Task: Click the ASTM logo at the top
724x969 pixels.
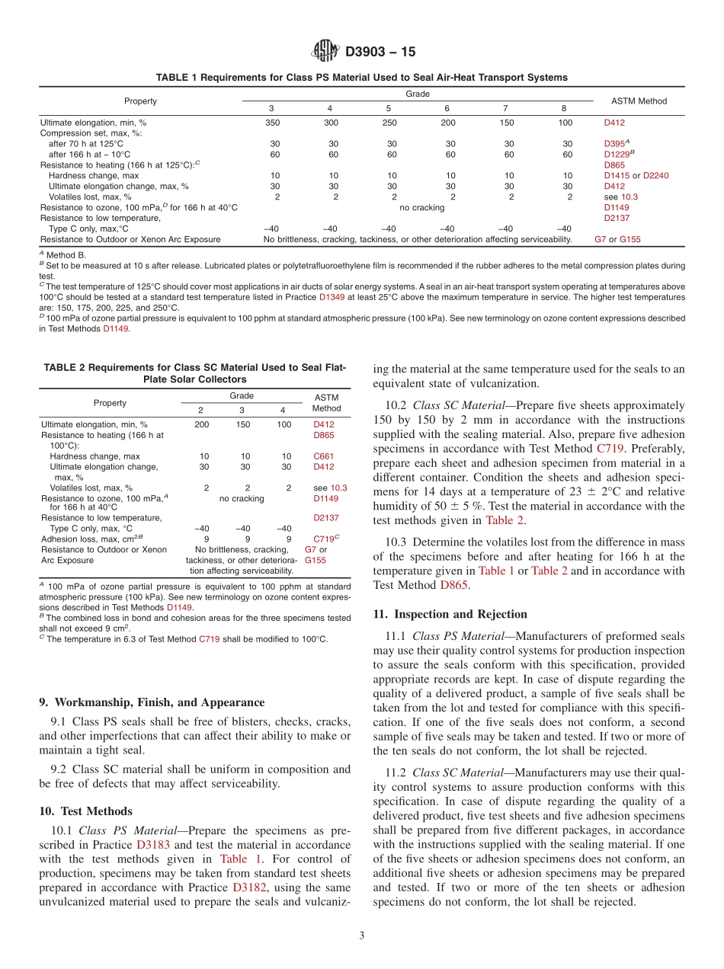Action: (x=325, y=52)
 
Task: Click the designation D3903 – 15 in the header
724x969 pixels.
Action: (x=380, y=52)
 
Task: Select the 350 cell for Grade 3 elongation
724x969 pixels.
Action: (x=272, y=122)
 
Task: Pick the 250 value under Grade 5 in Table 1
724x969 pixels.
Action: (x=389, y=122)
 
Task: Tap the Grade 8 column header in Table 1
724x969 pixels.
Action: (x=564, y=108)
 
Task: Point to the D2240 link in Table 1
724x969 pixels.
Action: (x=655, y=175)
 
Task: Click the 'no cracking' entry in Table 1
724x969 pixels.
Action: (x=421, y=207)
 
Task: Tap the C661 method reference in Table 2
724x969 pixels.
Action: (x=323, y=456)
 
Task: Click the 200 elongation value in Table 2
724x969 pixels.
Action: (x=201, y=424)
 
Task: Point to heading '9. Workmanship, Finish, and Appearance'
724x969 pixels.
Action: (x=143, y=701)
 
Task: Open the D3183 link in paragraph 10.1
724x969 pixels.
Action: (x=153, y=844)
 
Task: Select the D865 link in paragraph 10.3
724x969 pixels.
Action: (x=454, y=585)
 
